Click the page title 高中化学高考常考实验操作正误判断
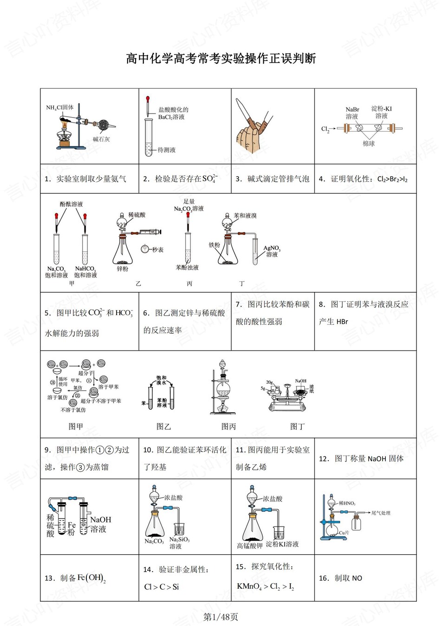pyautogui.click(x=221, y=59)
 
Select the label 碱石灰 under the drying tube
pyautogui.click(x=101, y=139)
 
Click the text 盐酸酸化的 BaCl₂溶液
pyautogui.click(x=173, y=113)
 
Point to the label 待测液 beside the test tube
pyautogui.click(x=166, y=150)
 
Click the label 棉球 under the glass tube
pyautogui.click(x=368, y=144)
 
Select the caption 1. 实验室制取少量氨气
pyautogui.click(x=85, y=179)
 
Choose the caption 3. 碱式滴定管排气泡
pyautogui.click(x=272, y=179)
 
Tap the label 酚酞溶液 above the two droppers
pyautogui.click(x=71, y=204)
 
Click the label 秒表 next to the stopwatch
pyautogui.click(x=158, y=250)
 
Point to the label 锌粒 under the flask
pyautogui.click(x=122, y=269)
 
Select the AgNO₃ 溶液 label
pyautogui.click(x=272, y=251)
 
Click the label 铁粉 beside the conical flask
pyautogui.click(x=214, y=245)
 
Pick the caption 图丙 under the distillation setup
pyautogui.click(x=228, y=426)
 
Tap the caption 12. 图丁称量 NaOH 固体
pyautogui.click(x=361, y=459)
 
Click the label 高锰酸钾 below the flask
pyautogui.click(x=249, y=546)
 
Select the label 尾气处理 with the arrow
pyautogui.click(x=381, y=513)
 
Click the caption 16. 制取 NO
pyautogui.click(x=341, y=578)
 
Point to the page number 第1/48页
pyautogui.click(x=221, y=617)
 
